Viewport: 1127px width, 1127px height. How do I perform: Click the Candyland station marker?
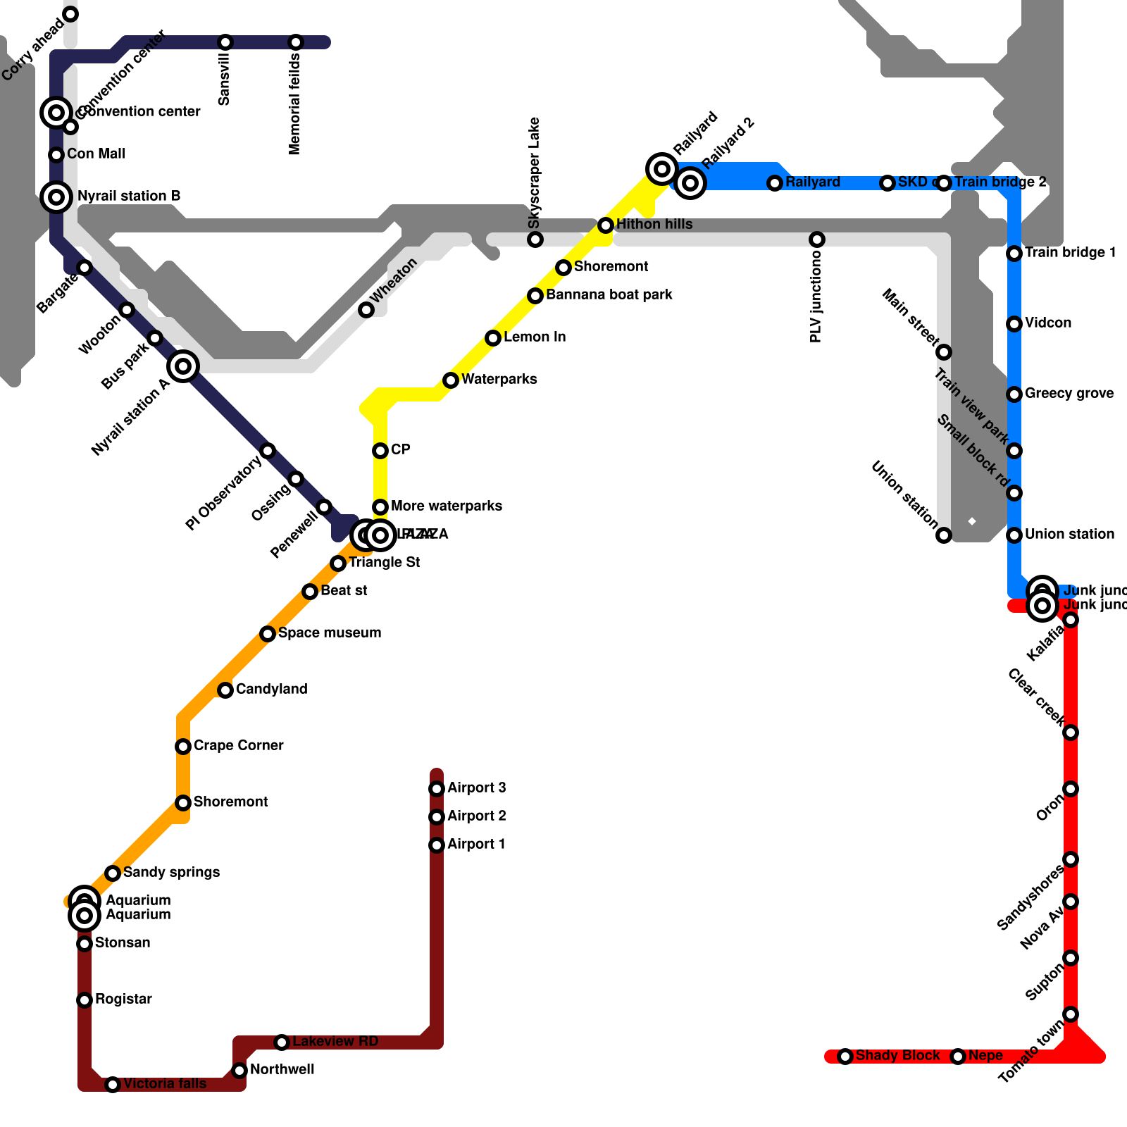[225, 690]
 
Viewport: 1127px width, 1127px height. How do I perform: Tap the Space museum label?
[330, 633]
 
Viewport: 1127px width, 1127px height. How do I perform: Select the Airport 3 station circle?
[437, 789]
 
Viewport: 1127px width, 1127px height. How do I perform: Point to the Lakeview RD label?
[335, 1042]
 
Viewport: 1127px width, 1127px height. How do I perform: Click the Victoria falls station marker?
[113, 1085]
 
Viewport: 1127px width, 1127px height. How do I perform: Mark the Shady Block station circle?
[845, 1057]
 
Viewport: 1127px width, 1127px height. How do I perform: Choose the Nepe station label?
[985, 1056]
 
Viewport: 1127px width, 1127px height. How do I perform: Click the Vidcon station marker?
[1014, 324]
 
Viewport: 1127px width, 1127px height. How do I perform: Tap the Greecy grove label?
[1069, 394]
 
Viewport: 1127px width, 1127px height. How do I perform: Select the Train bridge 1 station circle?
[1014, 254]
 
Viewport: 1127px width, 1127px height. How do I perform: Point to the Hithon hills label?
[654, 225]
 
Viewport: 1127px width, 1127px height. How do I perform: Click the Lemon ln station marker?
[493, 338]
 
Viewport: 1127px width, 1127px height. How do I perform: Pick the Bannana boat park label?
[609, 295]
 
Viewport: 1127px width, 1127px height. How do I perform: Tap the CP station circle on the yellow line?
[380, 451]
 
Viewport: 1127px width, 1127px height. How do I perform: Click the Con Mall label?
[96, 154]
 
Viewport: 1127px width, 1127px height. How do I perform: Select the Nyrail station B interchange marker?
[56, 197]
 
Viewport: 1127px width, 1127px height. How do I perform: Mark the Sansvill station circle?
[225, 42]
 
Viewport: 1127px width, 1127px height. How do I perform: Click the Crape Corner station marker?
[183, 747]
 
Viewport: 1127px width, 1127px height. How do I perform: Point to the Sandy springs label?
[172, 873]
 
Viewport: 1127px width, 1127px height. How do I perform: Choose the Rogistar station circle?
[85, 1000]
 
